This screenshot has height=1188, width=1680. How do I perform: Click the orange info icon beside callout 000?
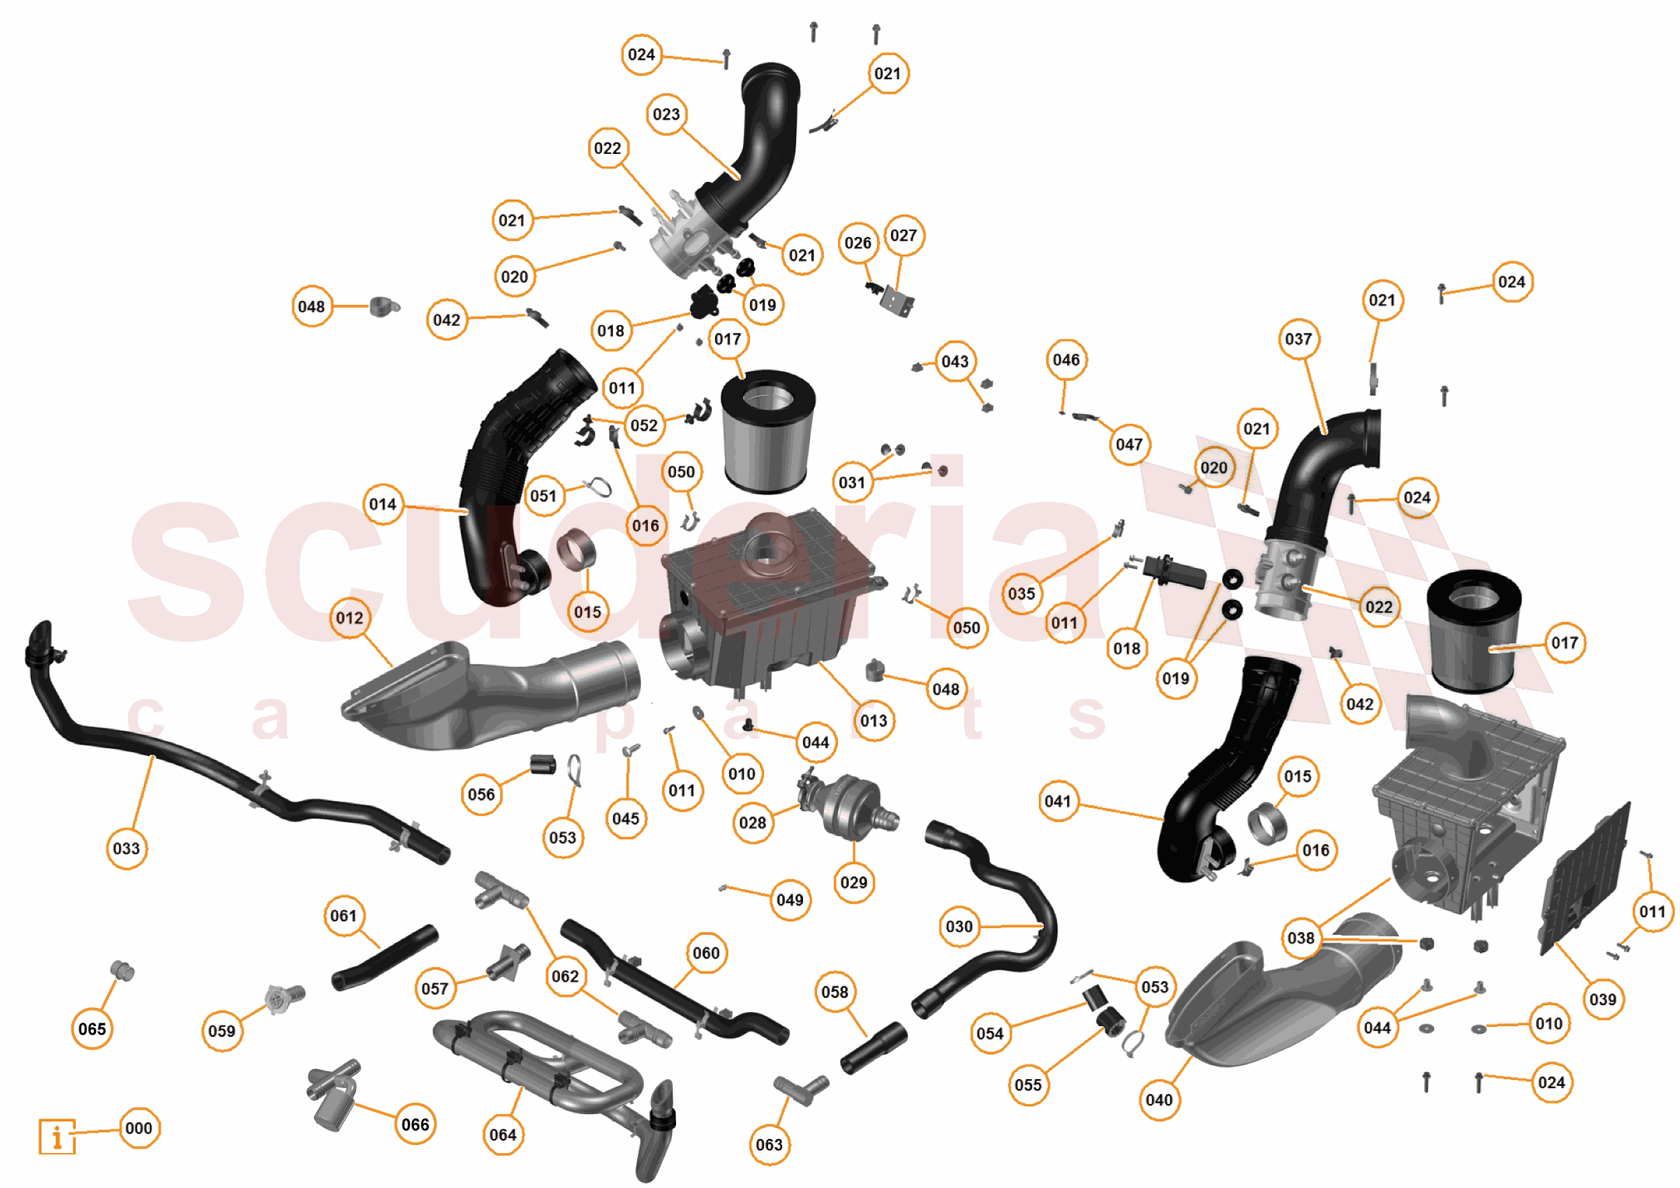click(57, 1136)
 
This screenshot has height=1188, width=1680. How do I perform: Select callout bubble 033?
click(126, 849)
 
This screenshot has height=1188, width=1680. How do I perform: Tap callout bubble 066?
click(415, 1124)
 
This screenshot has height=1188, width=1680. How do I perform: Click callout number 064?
click(503, 1135)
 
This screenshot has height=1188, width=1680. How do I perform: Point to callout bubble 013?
click(874, 720)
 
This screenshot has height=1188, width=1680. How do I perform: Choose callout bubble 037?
click(1299, 339)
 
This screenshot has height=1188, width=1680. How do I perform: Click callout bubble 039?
click(1603, 999)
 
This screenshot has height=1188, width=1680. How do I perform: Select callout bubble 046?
click(1066, 359)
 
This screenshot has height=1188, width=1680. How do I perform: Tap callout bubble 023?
click(666, 114)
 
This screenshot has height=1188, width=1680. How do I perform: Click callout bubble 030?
click(959, 927)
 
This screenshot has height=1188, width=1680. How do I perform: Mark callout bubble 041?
click(1058, 801)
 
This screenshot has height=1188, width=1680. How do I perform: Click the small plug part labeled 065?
click(122, 971)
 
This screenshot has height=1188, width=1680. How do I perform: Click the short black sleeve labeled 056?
click(542, 765)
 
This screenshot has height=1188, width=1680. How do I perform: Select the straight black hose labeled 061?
click(384, 958)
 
